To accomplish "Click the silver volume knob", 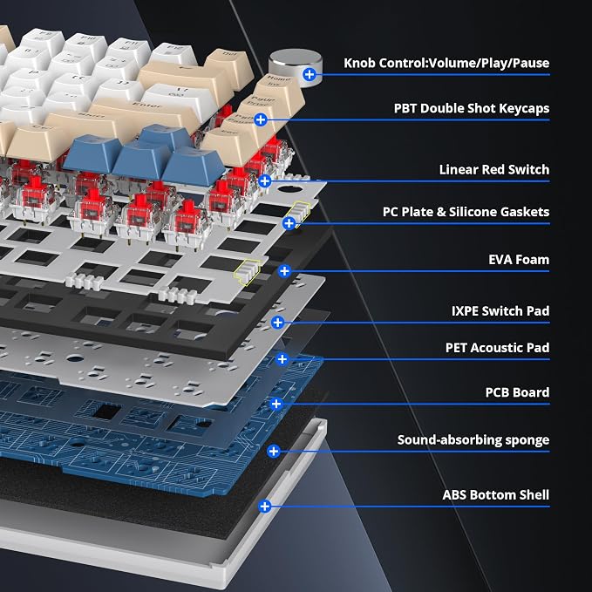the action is coord(295,66).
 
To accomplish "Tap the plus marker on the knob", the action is coord(310,74).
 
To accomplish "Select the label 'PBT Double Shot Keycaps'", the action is coord(472,109).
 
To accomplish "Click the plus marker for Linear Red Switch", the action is coord(265,180).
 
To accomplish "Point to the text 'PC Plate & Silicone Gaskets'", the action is coord(466,212).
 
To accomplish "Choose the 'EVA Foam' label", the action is coord(519,260).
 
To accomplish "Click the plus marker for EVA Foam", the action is coord(284,270).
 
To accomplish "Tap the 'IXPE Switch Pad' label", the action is coord(500,311).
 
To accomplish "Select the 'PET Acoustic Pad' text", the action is coord(497,348).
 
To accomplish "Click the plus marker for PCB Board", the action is coord(276,404).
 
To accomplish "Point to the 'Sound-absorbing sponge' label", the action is coord(473,440).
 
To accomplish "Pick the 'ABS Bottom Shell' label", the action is coord(496,495).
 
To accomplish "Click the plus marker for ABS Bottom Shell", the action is coord(265,506).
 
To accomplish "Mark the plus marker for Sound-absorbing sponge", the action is coord(274,451).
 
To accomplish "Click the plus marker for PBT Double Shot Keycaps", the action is coord(261,119).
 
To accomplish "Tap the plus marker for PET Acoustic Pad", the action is coord(282,359).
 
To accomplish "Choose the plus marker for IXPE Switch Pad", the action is coord(278,323).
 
